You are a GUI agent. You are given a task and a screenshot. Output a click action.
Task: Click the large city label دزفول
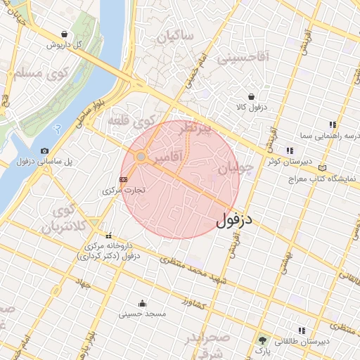click(235, 219)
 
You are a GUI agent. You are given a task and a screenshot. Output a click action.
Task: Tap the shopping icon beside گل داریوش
click(65, 34)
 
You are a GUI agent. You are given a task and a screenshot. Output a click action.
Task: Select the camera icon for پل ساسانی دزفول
click(45, 150)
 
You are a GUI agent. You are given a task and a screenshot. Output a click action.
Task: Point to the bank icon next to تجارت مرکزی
click(124, 179)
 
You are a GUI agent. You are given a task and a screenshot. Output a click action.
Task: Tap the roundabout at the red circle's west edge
click(141, 157)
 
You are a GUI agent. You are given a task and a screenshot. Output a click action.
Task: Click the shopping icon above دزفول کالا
click(251, 97)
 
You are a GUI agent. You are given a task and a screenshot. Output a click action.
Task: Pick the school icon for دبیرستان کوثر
click(290, 150)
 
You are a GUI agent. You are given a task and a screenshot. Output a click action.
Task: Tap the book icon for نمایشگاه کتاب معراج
click(323, 168)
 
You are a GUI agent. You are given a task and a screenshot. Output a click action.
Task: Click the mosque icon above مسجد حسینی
click(143, 304)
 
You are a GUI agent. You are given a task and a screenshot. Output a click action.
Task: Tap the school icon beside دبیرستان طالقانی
click(302, 330)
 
